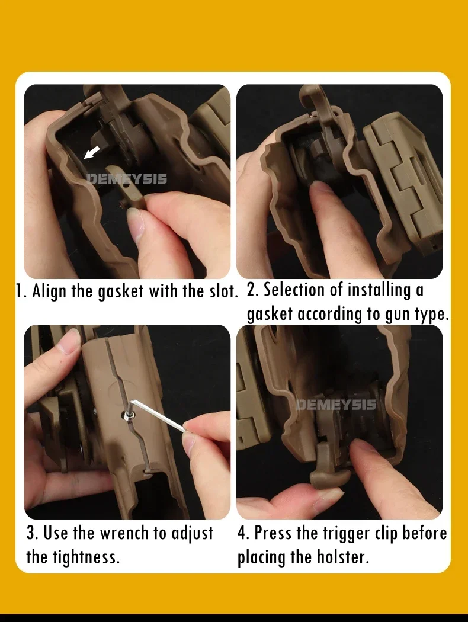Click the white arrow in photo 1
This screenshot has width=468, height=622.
click(x=91, y=152)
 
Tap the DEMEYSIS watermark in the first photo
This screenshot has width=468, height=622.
click(x=127, y=179)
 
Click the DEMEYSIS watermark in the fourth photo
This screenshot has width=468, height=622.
click(x=336, y=405)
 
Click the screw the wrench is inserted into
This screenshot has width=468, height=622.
click(x=128, y=415)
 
